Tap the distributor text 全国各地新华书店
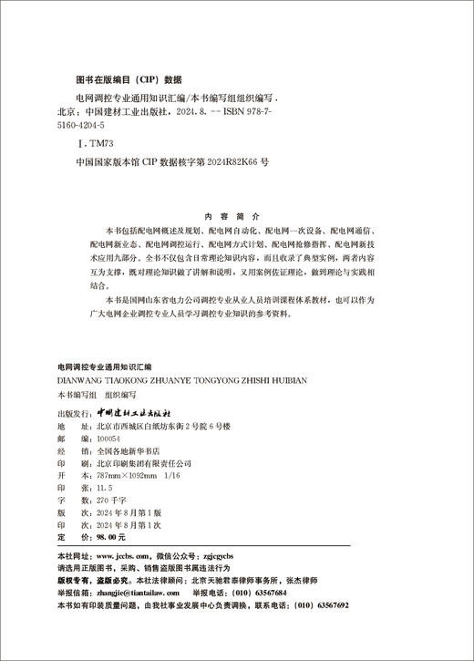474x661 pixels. [x=127, y=450]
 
